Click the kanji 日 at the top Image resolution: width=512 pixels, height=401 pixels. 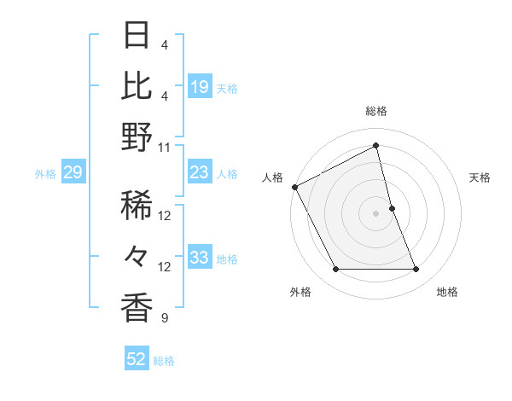click(137, 35)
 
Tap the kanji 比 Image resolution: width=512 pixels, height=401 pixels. click(137, 85)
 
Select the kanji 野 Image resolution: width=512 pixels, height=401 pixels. click(137, 138)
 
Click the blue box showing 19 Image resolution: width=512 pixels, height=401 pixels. click(200, 86)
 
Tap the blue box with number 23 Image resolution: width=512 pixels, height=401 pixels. click(200, 173)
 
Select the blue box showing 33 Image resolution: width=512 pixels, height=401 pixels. click(200, 259)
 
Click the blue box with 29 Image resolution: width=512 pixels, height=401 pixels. click(73, 173)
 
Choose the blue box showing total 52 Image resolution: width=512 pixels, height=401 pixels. click(137, 360)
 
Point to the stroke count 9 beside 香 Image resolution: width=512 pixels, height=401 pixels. click(165, 319)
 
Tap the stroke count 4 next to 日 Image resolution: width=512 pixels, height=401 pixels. click(165, 44)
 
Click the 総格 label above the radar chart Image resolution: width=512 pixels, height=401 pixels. click(375, 111)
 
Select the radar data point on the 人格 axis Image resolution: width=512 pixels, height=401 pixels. click(294, 186)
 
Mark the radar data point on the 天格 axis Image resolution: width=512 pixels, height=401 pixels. click(392, 207)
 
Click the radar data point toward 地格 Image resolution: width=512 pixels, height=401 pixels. click(416, 270)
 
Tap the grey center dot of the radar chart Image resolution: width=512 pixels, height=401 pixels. click(375, 212)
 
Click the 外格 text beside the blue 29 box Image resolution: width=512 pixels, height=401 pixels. click(45, 174)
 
